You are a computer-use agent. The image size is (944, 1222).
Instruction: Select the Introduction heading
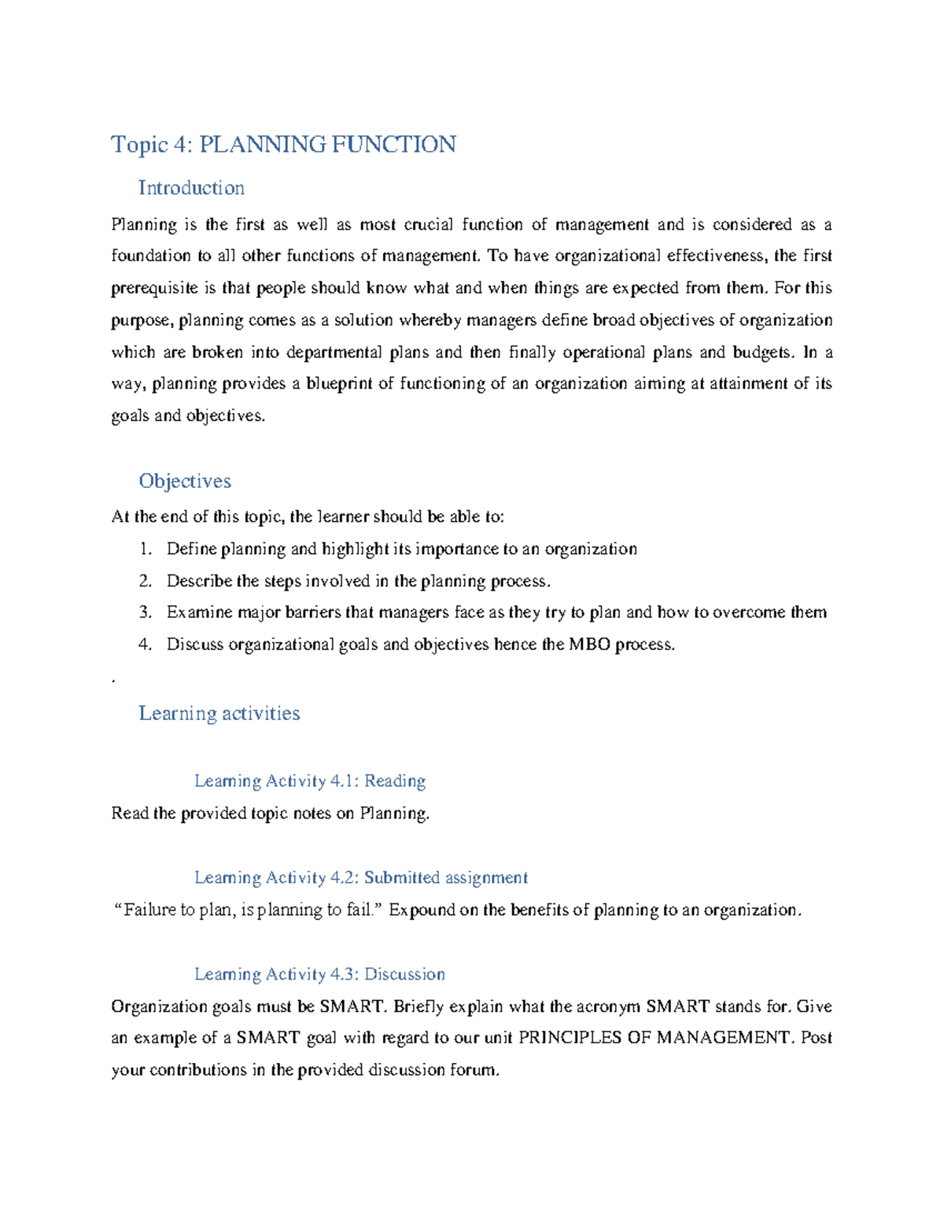pyautogui.click(x=191, y=188)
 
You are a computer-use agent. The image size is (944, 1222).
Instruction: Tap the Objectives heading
pyautogui.click(x=185, y=481)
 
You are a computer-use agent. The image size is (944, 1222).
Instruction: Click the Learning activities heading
pyautogui.click(x=219, y=713)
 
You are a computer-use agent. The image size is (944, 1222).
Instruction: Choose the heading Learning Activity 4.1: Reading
pyautogui.click(x=309, y=781)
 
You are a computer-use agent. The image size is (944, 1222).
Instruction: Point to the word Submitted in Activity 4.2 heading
pyautogui.click(x=401, y=877)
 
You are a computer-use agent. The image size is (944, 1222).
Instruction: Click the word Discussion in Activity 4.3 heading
pyautogui.click(x=404, y=974)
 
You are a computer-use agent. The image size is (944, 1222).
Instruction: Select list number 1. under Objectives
pyautogui.click(x=146, y=549)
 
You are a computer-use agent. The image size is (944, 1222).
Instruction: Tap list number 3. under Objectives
pyautogui.click(x=146, y=612)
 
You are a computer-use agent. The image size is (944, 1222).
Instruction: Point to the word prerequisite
pyautogui.click(x=154, y=288)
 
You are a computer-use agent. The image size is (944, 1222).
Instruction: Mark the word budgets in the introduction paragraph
pyautogui.click(x=763, y=352)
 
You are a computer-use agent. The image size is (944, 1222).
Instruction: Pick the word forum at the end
pyautogui.click(x=474, y=1070)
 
